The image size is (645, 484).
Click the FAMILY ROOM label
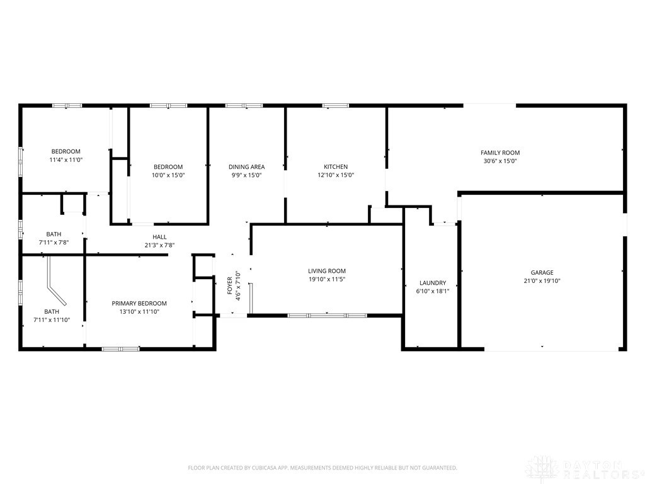pyautogui.click(x=500, y=153)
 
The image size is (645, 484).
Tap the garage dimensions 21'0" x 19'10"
pyautogui.click(x=542, y=281)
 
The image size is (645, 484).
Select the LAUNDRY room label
pyautogui.click(x=433, y=283)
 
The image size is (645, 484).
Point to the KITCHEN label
pyautogui.click(x=335, y=167)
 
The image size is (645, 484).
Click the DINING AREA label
pyautogui.click(x=246, y=167)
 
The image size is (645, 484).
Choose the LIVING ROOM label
pyautogui.click(x=327, y=271)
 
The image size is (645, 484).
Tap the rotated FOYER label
pyautogui.click(x=230, y=286)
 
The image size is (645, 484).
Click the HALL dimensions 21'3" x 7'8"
pyautogui.click(x=159, y=245)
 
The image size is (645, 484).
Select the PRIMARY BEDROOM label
pyautogui.click(x=139, y=303)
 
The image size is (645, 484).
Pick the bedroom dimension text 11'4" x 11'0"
pyautogui.click(x=66, y=160)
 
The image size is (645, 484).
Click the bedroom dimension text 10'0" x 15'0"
pyautogui.click(x=168, y=175)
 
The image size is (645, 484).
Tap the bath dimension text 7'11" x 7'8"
pyautogui.click(x=54, y=243)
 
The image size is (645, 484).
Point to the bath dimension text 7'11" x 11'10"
pyautogui.click(x=52, y=320)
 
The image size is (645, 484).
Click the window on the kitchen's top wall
pyautogui.click(x=336, y=105)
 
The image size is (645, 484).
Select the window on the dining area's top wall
pyautogui.click(x=244, y=105)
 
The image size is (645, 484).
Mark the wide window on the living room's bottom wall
pyautogui.click(x=327, y=314)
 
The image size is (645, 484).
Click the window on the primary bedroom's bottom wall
pyautogui.click(x=120, y=348)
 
